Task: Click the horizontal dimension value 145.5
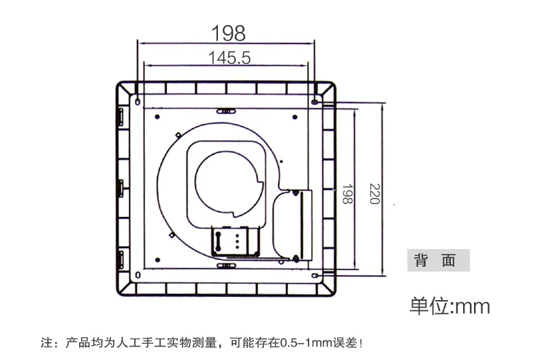pos(230,58)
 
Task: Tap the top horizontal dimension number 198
pos(229,33)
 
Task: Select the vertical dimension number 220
pos(375,194)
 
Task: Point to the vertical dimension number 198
pos(347,194)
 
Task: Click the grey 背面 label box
pos(438,260)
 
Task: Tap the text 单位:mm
pos(450,306)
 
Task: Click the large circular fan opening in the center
pos(229,184)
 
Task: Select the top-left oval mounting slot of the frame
pos(138,101)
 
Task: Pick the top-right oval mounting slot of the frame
pos(315,102)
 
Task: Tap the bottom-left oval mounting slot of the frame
pos(138,275)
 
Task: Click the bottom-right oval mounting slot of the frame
pos(315,276)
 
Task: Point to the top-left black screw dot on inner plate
pos(157,117)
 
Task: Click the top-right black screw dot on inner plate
pos(295,117)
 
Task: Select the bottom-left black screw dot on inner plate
pos(157,260)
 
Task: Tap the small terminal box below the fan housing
pos(236,242)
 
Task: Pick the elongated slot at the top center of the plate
pos(226,111)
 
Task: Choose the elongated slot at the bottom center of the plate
pos(226,265)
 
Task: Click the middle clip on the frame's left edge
pos(121,189)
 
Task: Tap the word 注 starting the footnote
pos(47,342)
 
